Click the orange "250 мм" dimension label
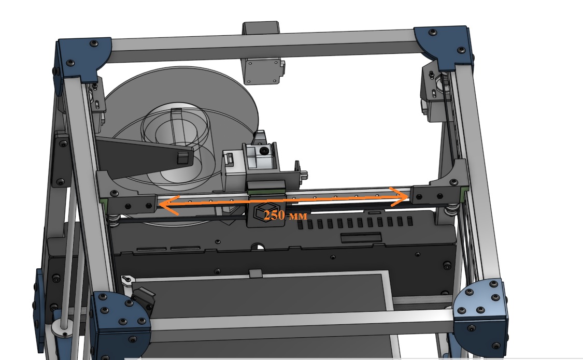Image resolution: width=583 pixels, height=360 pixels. (286, 215)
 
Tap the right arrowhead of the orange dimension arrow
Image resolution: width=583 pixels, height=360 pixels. (399, 196)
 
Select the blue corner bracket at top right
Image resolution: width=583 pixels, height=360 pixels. (444, 47)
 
